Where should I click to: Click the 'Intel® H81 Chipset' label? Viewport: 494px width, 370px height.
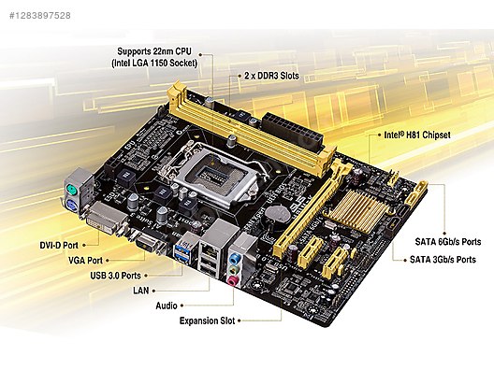(x=417, y=135)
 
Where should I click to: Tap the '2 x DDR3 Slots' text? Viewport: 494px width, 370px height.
(x=271, y=76)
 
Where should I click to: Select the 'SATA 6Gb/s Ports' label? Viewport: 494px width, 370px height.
(x=448, y=242)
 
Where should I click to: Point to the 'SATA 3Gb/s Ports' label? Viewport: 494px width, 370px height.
(x=443, y=260)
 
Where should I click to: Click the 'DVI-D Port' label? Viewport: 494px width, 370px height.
(x=59, y=245)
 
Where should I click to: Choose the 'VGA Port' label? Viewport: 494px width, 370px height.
(x=85, y=260)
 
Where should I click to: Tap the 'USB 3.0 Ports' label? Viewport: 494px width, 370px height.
(x=115, y=276)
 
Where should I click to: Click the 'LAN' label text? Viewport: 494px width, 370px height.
(x=141, y=290)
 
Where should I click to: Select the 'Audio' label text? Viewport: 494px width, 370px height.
(x=167, y=306)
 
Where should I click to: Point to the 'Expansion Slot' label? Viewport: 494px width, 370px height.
(x=208, y=320)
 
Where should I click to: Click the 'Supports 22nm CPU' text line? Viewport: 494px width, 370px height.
(x=154, y=51)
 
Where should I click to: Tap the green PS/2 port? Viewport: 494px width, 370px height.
(x=72, y=190)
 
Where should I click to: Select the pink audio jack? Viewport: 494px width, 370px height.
(x=233, y=279)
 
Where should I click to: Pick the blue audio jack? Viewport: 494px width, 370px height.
(x=234, y=259)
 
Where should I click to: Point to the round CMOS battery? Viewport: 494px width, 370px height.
(x=277, y=215)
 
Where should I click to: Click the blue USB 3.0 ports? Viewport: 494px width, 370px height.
(x=183, y=251)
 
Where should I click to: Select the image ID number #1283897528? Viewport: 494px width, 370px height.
(x=40, y=15)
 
